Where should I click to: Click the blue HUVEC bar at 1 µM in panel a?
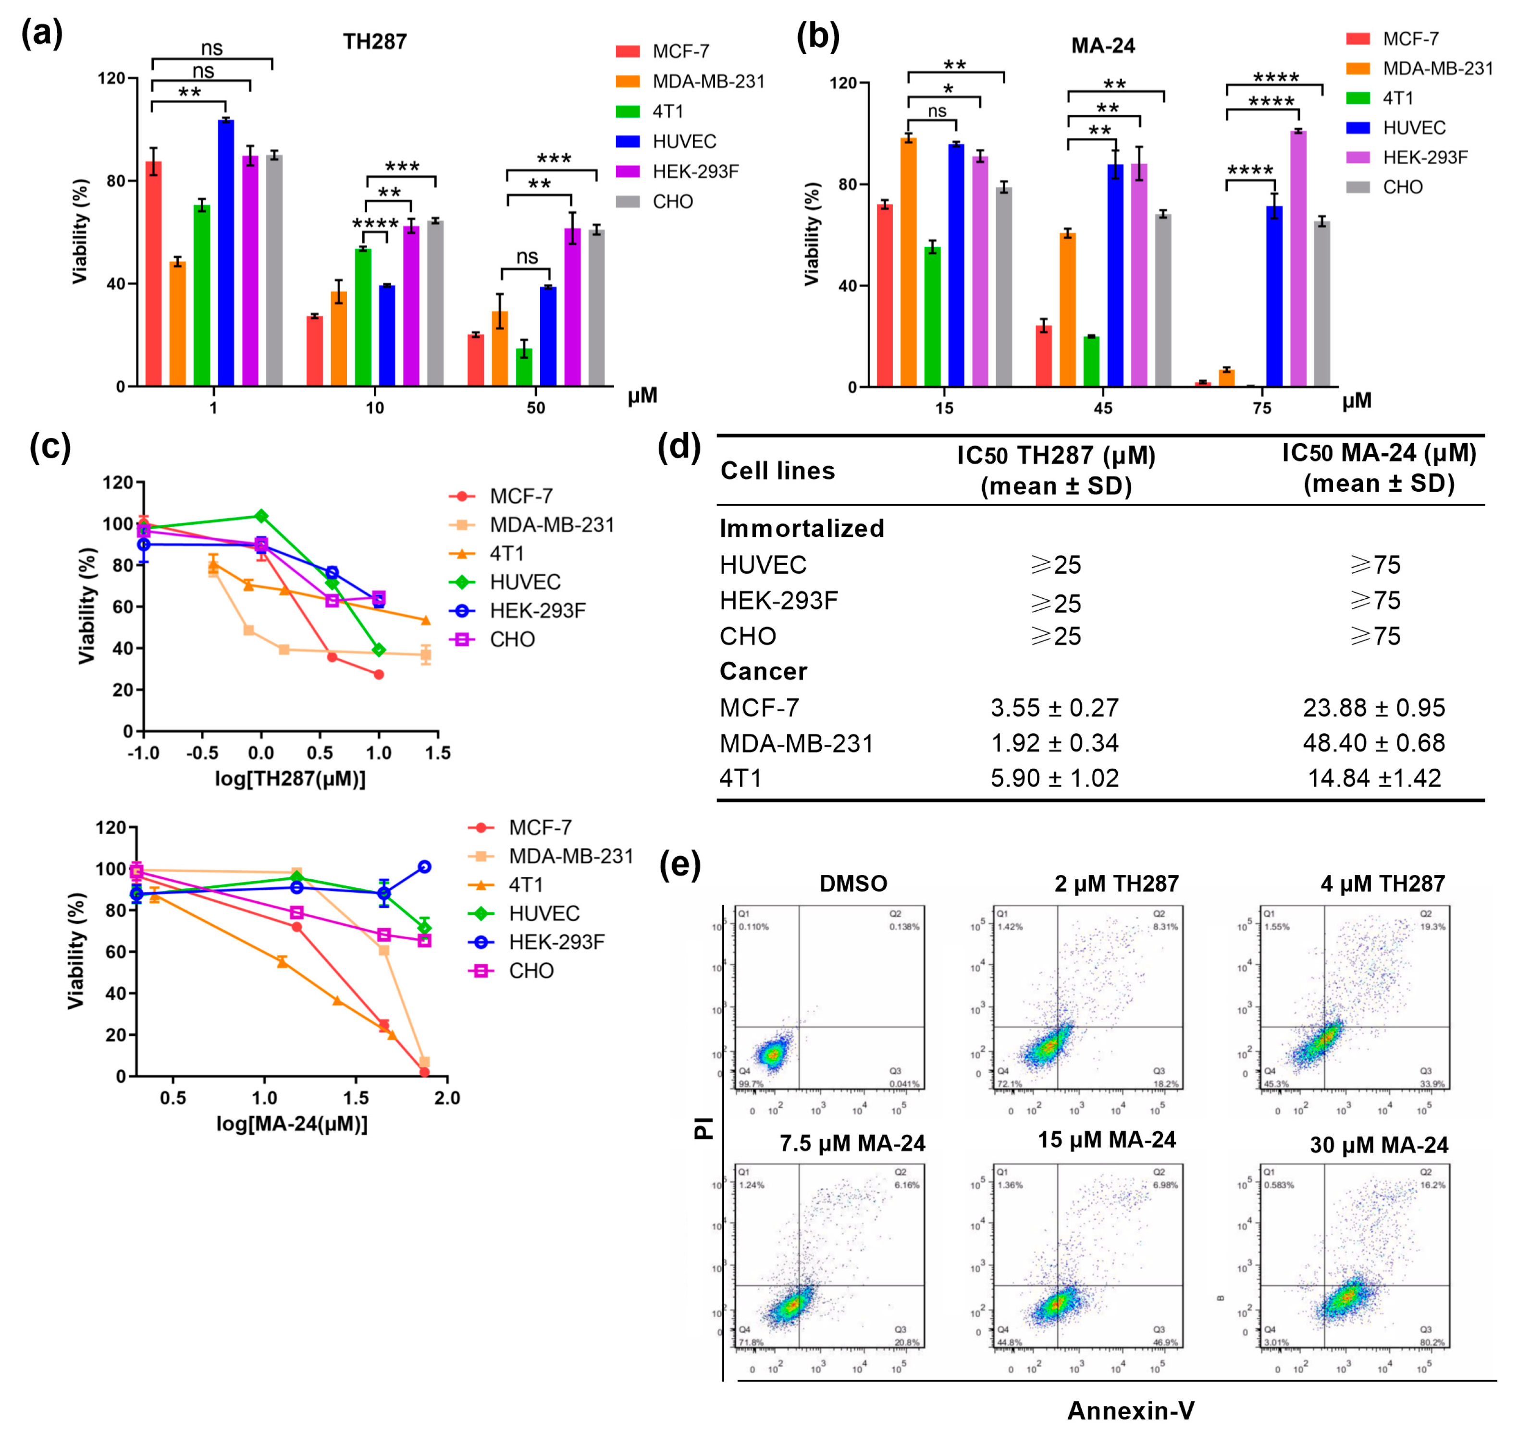coord(225,254)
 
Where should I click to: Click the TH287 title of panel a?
coord(374,41)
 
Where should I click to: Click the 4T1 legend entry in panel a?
coord(667,111)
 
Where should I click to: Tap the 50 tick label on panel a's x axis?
coord(536,408)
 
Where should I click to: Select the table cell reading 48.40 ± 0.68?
coord(1373,743)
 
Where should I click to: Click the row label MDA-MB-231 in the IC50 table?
coord(796,743)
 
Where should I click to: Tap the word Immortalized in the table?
coord(802,529)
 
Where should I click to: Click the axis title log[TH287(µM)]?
coord(290,779)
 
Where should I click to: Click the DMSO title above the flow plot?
coord(853,884)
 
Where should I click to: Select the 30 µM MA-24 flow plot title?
coord(1378,1145)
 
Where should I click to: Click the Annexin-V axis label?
coord(1131,1410)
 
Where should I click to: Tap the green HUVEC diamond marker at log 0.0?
coord(261,515)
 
